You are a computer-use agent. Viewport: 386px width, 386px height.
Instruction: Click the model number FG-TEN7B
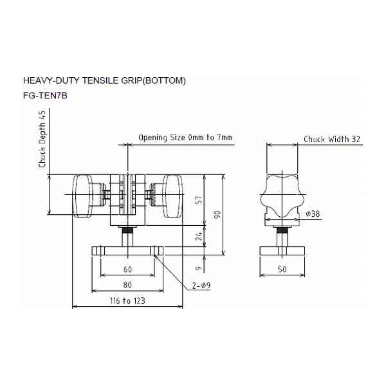click(45, 95)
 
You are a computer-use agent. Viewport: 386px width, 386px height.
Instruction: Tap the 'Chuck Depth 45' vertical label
click(42, 139)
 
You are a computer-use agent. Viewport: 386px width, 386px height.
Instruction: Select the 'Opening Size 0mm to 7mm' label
click(185, 138)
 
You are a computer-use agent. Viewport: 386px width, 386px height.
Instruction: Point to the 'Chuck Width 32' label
click(332, 139)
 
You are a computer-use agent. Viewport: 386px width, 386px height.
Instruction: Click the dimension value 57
click(199, 199)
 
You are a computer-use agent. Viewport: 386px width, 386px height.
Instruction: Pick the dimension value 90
click(217, 214)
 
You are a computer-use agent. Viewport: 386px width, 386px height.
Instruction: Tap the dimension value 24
click(199, 236)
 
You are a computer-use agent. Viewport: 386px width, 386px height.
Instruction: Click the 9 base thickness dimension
click(199, 268)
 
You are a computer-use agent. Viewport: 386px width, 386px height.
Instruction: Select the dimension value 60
click(127, 269)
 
